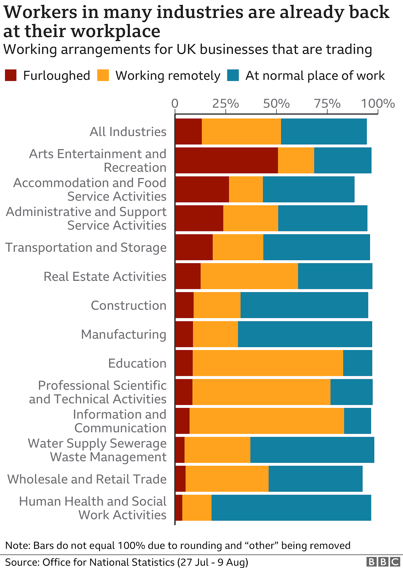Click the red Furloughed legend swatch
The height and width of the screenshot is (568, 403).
click(x=11, y=76)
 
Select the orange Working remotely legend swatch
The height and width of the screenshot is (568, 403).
click(x=103, y=76)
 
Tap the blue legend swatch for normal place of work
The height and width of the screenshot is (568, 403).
click(x=233, y=76)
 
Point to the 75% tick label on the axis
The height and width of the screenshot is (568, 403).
click(x=327, y=104)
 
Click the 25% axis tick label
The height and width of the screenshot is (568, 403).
click(x=225, y=104)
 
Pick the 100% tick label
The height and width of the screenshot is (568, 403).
click(x=378, y=104)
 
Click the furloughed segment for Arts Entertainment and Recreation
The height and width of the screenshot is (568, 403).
click(x=226, y=160)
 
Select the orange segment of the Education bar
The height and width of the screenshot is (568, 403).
click(x=268, y=363)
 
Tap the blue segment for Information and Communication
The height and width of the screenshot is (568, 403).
click(x=357, y=421)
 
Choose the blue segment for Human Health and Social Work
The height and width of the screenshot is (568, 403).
click(x=291, y=508)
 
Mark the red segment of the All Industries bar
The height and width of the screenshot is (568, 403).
click(x=188, y=131)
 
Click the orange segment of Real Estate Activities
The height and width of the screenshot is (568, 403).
click(x=249, y=276)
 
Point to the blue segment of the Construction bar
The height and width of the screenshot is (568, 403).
click(x=304, y=305)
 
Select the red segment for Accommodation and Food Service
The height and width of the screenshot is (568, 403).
click(x=202, y=189)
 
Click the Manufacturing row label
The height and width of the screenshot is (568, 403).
click(x=124, y=334)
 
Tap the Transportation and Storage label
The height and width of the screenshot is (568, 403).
click(x=86, y=247)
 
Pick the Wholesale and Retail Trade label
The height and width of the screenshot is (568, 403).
click(x=87, y=479)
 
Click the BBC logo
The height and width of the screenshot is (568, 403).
click(x=383, y=562)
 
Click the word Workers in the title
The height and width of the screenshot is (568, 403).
click(x=40, y=12)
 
